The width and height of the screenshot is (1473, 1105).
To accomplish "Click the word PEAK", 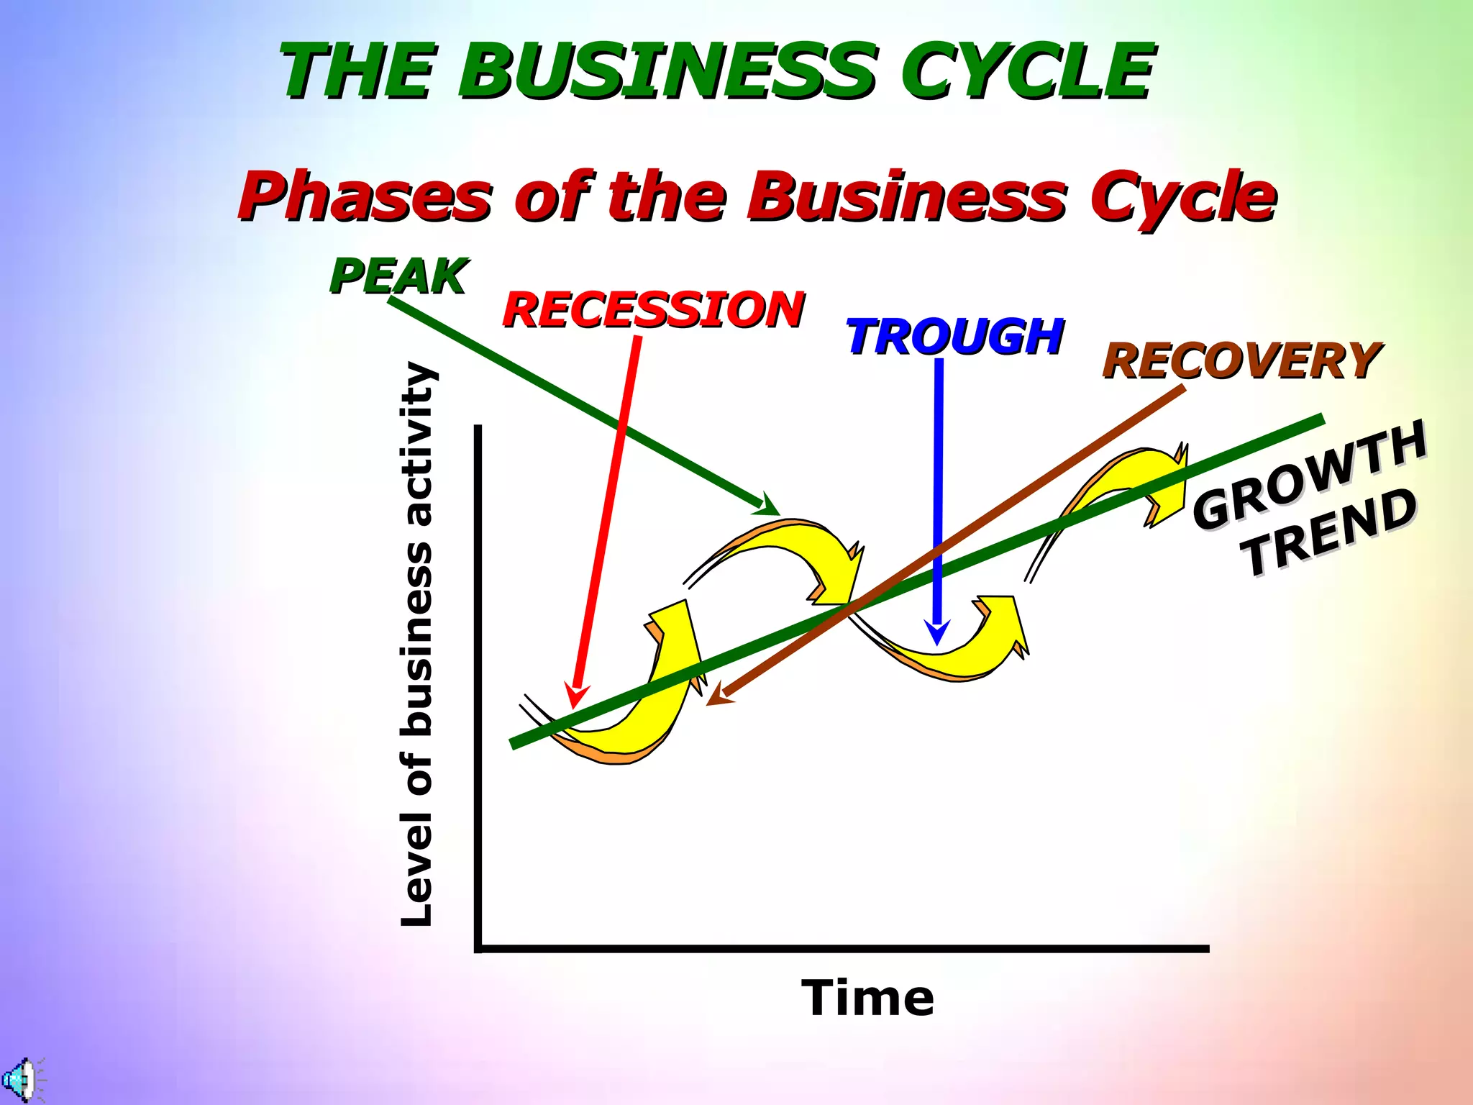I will tap(398, 276).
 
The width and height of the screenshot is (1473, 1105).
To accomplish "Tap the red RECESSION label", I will tap(653, 310).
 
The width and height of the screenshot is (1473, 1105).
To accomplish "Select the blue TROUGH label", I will tap(954, 337).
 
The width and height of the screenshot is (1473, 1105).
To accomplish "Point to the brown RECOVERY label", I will tap(1241, 361).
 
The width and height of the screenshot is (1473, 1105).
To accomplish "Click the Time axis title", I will tap(867, 999).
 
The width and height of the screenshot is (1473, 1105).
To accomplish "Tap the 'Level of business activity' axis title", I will tap(417, 644).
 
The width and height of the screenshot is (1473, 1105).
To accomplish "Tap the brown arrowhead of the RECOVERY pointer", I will tap(719, 694).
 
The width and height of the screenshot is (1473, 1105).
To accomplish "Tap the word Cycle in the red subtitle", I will tap(1182, 196).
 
